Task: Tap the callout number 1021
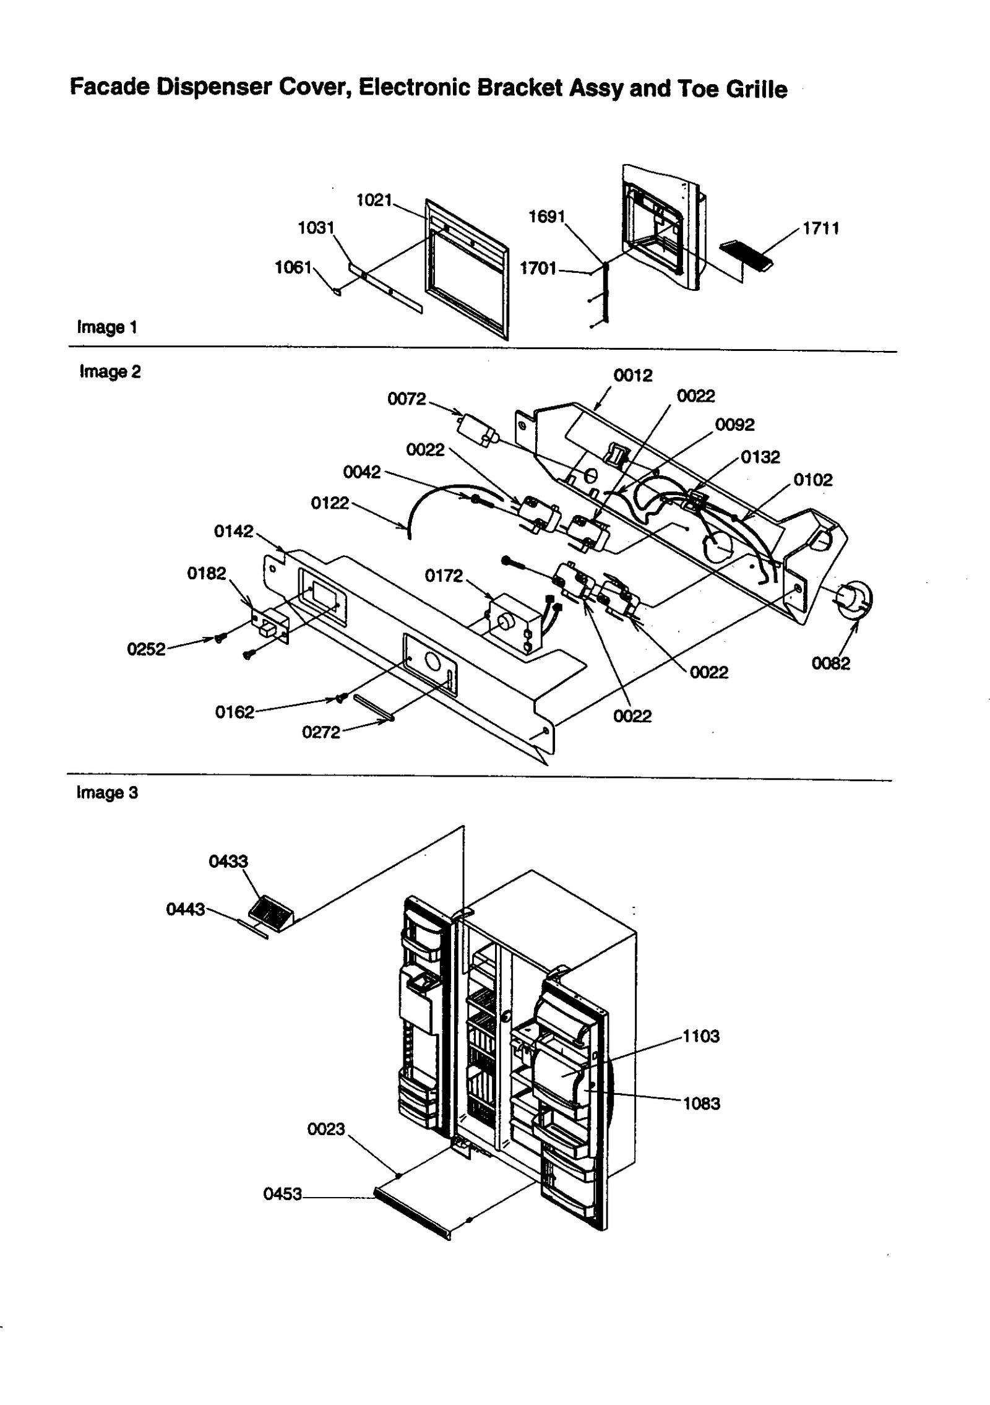coord(374,200)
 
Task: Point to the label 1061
coord(293,267)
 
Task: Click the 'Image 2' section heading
coord(110,371)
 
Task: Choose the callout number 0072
coord(407,399)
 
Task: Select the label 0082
coord(830,664)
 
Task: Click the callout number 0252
coord(146,649)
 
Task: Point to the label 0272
coord(321,733)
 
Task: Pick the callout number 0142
coord(233,532)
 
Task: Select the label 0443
coord(185,909)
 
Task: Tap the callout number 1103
coord(700,1037)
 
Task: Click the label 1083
coord(701,1104)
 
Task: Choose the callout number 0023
coord(325,1129)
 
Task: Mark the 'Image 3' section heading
coord(107,793)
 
